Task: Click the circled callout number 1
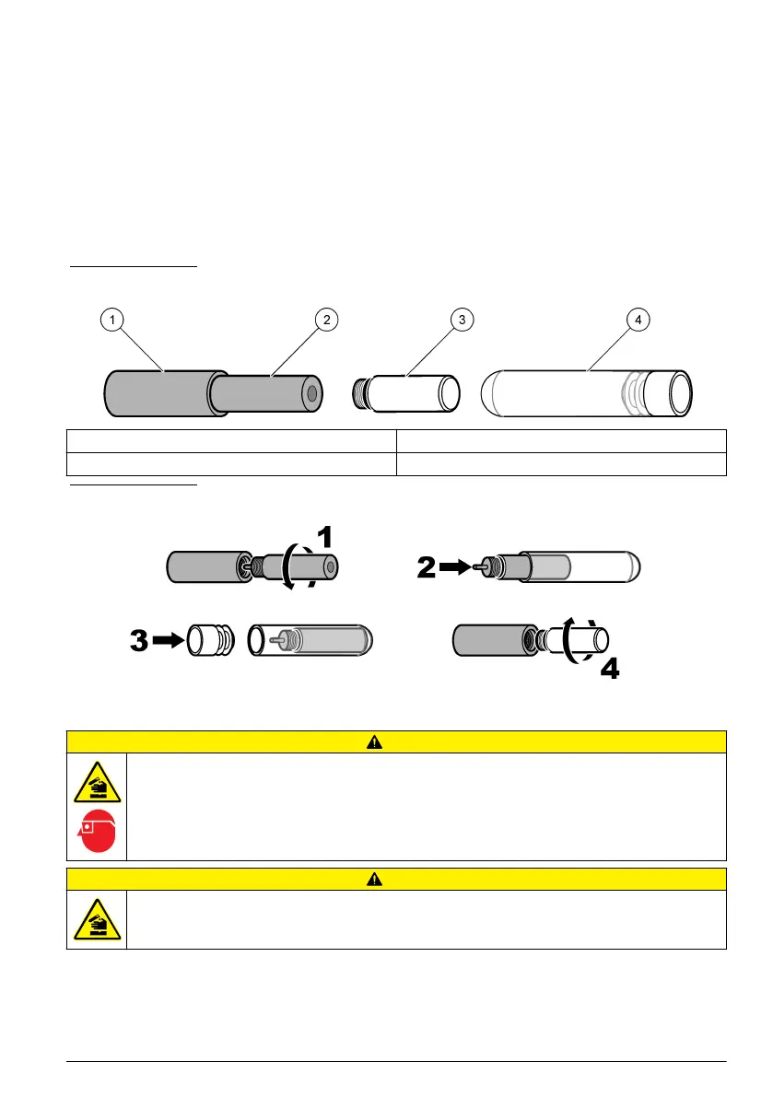click(111, 320)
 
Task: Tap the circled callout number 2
click(324, 320)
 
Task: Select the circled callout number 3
click(463, 320)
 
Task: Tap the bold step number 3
click(139, 640)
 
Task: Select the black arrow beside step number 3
click(167, 640)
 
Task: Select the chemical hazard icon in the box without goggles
click(97, 920)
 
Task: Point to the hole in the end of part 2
click(312, 393)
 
